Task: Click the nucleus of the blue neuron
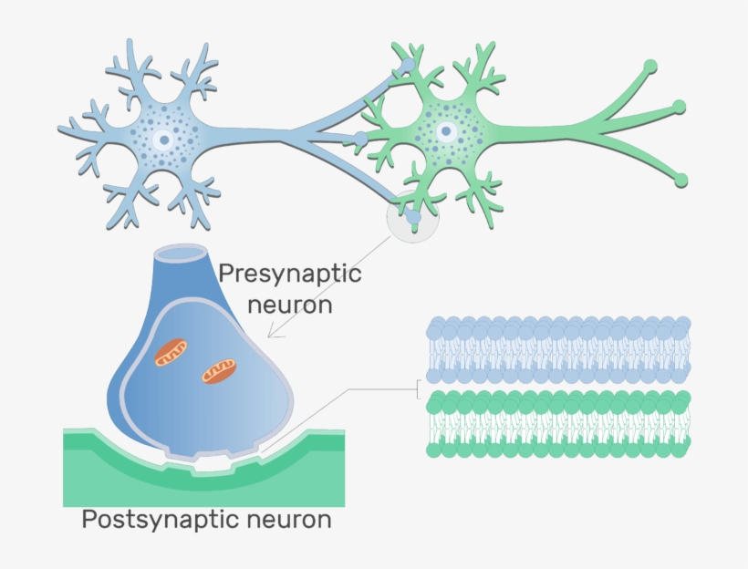pos(163,140)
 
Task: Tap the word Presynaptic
pos(290,274)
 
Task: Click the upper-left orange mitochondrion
pos(171,353)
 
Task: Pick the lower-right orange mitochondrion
pos(219,371)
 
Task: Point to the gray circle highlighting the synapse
pos(412,216)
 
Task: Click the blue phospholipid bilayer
pos(558,349)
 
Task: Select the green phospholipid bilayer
pos(558,424)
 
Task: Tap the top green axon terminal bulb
pos(650,66)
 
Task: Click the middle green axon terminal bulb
pos(679,107)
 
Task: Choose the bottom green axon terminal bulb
pos(681,181)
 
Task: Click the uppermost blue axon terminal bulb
pos(409,65)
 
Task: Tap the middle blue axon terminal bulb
pos(360,140)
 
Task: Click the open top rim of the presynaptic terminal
pos(181,253)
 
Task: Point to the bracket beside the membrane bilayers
pos(419,388)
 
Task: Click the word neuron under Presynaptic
pos(290,305)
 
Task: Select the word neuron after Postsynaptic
pos(288,520)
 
